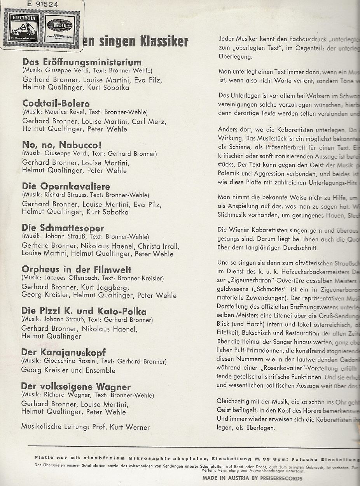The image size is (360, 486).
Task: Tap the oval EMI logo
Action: click(x=59, y=26)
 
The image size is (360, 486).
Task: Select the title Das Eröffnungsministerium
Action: click(x=82, y=62)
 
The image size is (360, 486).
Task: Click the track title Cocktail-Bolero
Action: click(x=56, y=104)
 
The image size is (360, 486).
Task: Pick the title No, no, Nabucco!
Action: click(x=62, y=145)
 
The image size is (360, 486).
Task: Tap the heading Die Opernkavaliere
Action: click(x=66, y=186)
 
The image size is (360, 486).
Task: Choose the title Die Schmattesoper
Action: click(x=63, y=228)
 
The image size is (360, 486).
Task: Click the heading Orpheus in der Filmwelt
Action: click(x=77, y=270)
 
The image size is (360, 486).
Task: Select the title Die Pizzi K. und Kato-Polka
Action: click(x=84, y=311)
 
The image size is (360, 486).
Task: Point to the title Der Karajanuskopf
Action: click(x=64, y=353)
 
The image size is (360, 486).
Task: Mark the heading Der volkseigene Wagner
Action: click(x=76, y=387)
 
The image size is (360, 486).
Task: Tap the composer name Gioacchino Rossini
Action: click(x=73, y=361)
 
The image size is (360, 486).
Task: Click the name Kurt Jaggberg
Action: click(x=104, y=287)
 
